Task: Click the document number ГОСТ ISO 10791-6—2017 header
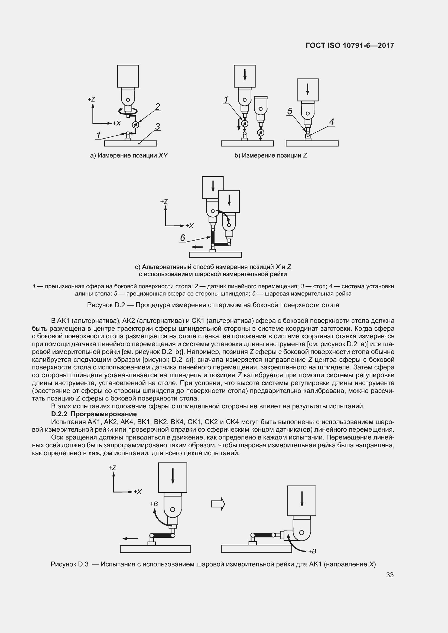coord(349,45)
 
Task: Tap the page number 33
coord(390,575)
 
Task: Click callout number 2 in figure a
coord(158,107)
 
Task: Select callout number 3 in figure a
coord(157,127)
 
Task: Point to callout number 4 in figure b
coord(331,122)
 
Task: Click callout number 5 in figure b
coord(290,111)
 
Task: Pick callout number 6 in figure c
coord(182,238)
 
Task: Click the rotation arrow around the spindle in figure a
coord(128,111)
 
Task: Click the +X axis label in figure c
coord(189,226)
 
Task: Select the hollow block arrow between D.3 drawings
coord(218,504)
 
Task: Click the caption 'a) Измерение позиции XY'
coord(129,156)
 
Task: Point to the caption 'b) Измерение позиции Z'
coord(271,156)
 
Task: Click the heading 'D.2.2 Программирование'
coord(94,414)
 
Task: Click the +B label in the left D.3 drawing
coord(154,504)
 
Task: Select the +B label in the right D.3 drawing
coord(312,551)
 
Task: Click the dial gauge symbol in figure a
coord(135,124)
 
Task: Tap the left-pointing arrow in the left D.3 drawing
coord(130,539)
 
